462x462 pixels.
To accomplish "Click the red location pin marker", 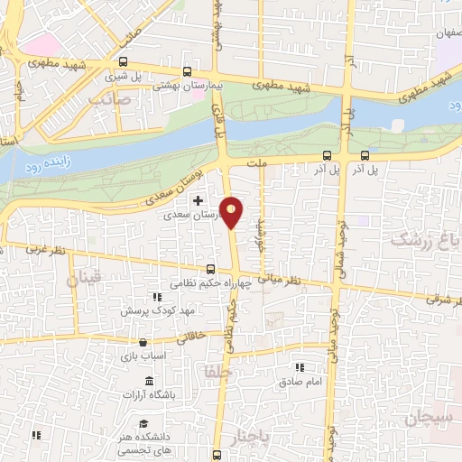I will [x=233, y=211].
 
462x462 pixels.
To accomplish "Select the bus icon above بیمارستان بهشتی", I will [x=187, y=72].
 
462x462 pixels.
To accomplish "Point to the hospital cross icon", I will [x=198, y=199].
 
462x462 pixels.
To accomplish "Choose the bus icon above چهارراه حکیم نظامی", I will [x=210, y=268].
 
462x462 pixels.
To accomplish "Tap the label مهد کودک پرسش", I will [x=161, y=310].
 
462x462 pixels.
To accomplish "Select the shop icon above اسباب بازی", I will [x=144, y=342].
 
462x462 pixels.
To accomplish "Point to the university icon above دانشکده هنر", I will [x=143, y=423].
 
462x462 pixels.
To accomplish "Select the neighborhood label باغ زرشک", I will [x=424, y=239].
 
